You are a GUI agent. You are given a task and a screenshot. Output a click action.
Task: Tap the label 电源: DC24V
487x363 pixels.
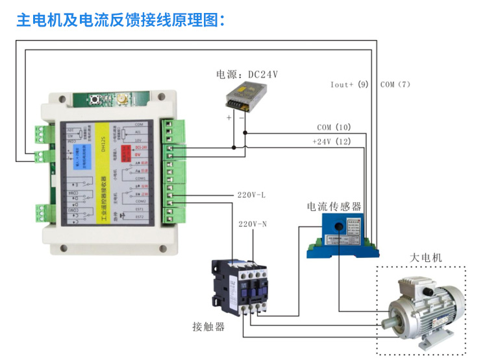[x=247, y=74]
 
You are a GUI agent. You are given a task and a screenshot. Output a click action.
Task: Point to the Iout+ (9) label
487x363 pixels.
[x=349, y=84]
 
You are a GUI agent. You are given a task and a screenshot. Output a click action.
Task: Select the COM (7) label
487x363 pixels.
[x=395, y=84]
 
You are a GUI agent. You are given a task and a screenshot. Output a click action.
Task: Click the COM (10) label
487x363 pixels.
[x=334, y=127]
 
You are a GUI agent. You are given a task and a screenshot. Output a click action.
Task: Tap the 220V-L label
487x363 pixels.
[x=251, y=195]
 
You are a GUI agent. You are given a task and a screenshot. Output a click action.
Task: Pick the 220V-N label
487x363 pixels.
[x=253, y=224]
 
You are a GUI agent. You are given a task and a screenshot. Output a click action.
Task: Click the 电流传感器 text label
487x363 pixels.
[x=334, y=207]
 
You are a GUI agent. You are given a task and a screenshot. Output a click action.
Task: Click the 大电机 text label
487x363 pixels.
[x=425, y=257]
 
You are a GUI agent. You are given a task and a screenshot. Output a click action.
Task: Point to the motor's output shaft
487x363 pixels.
[x=388, y=320]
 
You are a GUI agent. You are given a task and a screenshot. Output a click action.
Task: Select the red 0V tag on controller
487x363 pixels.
[x=138, y=155]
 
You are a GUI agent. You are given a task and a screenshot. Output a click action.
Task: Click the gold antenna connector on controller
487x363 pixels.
[x=121, y=101]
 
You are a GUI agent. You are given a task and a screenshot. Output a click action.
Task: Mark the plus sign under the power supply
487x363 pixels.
[x=229, y=118]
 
